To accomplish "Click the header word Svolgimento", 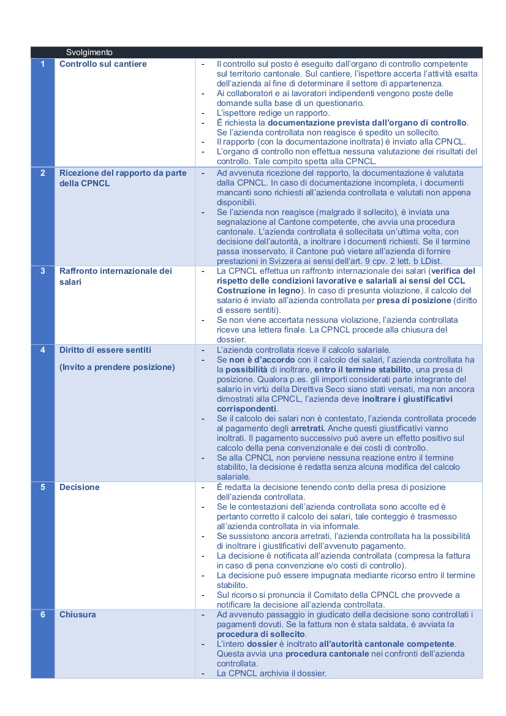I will coord(89,53).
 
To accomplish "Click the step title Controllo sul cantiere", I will coord(103,64).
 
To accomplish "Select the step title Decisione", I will coord(79,487).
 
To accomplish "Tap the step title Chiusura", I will coord(78,614).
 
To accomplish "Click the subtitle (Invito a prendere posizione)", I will coord(117,367).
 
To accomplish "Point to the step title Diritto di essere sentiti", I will coord(105,350).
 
